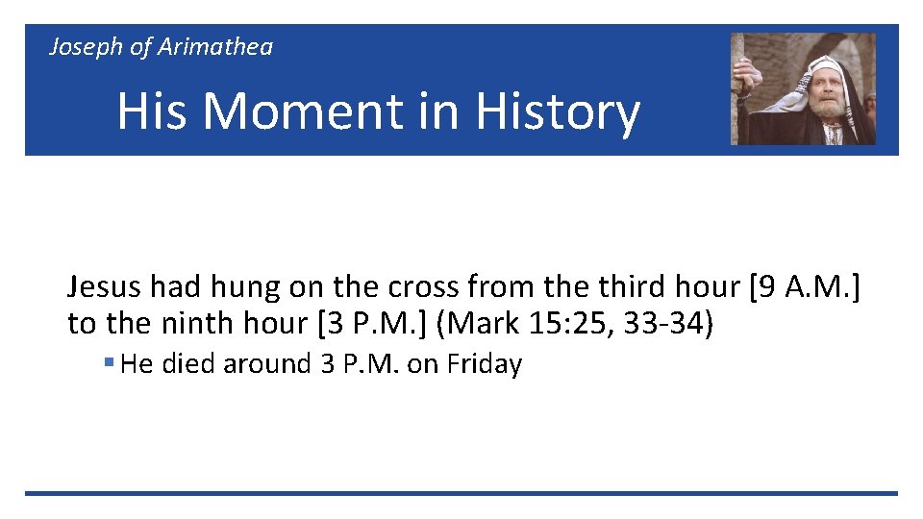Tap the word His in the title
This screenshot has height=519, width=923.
152,111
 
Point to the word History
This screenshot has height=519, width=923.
558,111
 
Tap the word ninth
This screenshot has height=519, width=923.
189,324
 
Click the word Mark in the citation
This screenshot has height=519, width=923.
487,324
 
